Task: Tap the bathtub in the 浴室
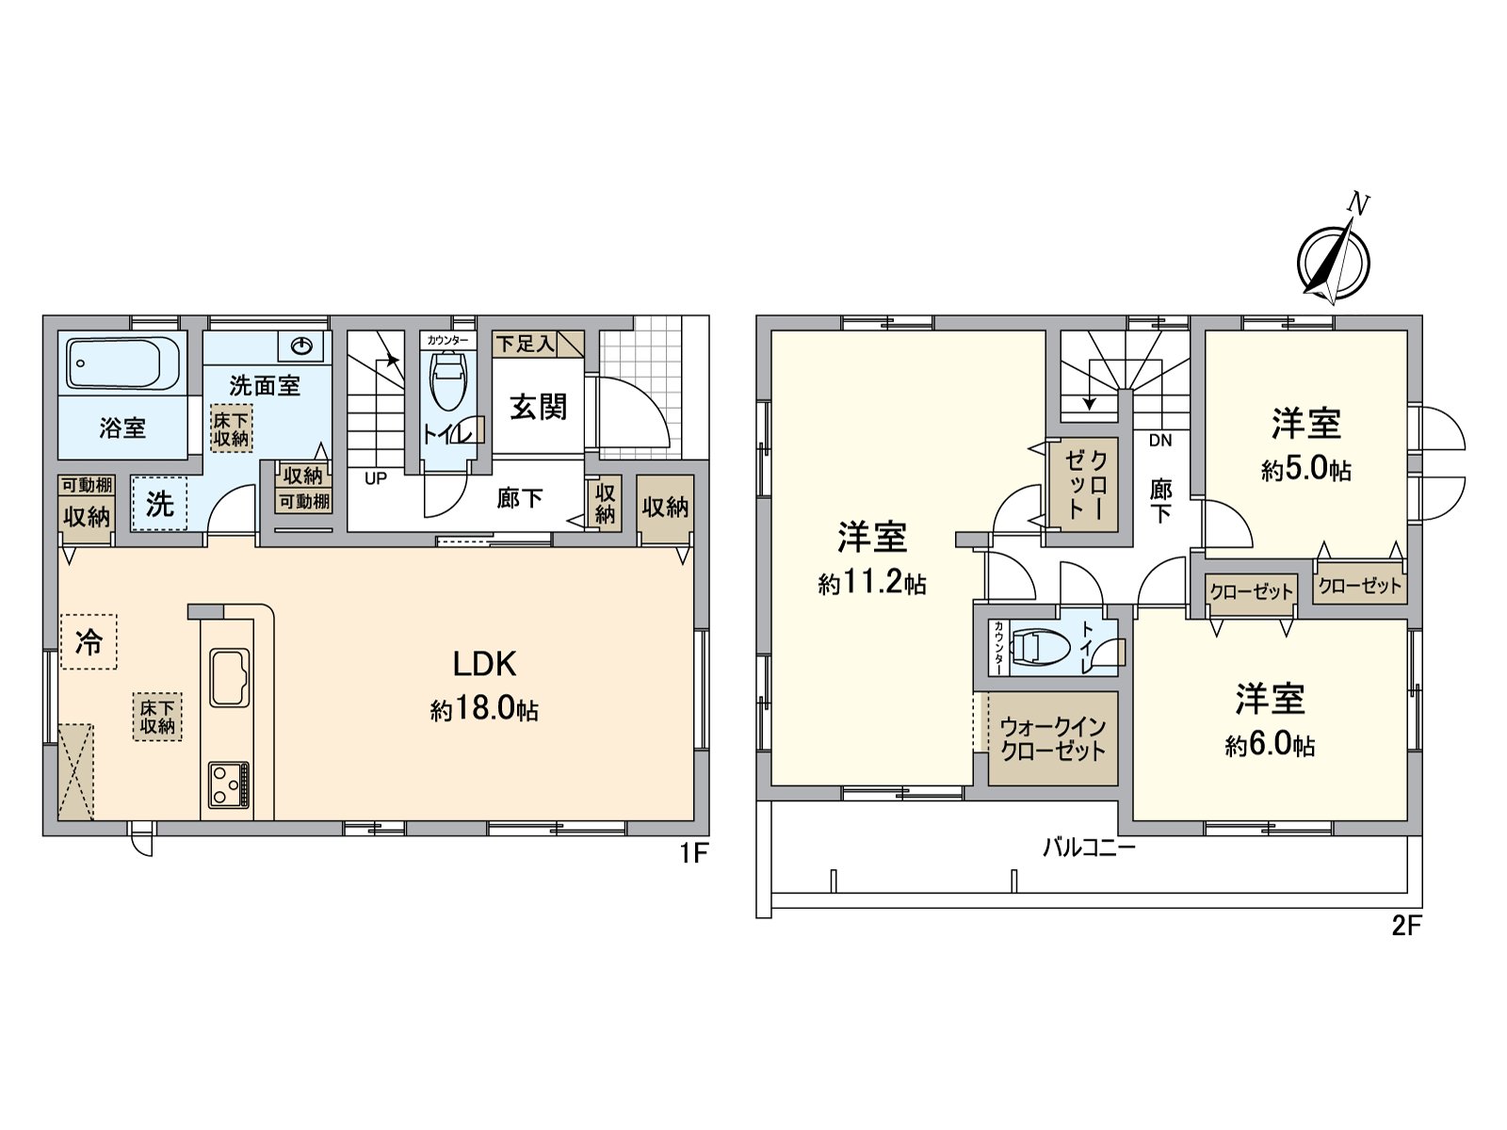123,363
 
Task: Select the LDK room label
484,665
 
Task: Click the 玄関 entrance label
539,407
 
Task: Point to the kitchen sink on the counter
229,677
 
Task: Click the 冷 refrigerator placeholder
89,642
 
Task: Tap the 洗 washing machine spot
159,505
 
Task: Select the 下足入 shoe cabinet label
526,344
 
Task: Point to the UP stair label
376,478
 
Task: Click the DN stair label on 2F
1160,440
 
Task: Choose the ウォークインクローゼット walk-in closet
1052,740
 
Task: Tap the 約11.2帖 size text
872,585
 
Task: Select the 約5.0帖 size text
1306,470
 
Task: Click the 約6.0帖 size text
1270,747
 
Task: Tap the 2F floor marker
1405,927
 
